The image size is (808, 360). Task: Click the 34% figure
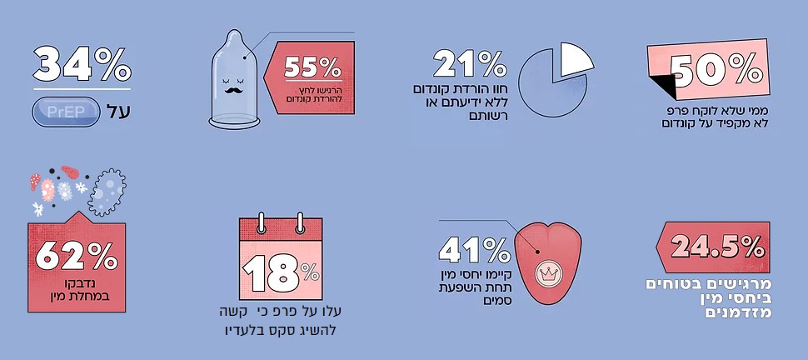82,64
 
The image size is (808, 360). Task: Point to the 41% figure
473,249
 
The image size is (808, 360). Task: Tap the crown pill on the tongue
547,271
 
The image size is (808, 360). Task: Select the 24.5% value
717,247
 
